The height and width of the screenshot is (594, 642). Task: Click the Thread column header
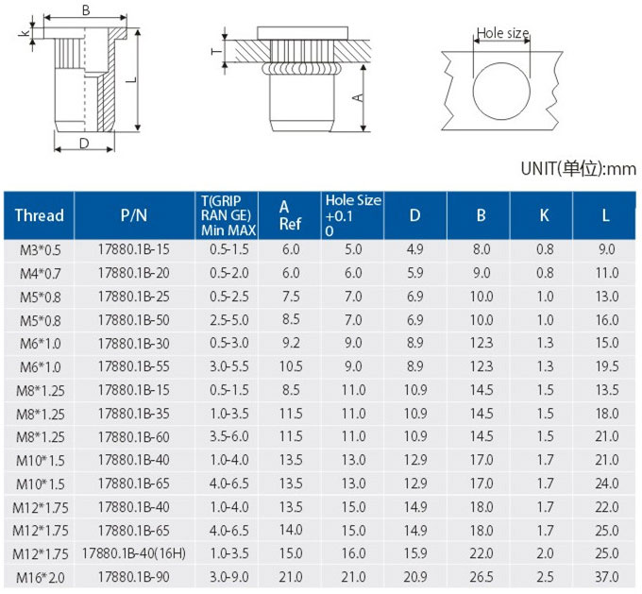[x=40, y=215]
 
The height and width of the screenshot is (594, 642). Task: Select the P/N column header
[x=134, y=215]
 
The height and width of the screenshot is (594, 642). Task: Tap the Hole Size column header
[x=353, y=215]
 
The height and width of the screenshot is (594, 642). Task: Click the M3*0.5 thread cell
[x=40, y=250]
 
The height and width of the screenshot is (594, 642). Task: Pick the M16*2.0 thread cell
[x=40, y=578]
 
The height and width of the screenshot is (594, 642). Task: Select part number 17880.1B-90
[x=134, y=577]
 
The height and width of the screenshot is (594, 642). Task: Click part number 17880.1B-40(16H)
[x=134, y=553]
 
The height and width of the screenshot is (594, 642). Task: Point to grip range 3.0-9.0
[x=229, y=577]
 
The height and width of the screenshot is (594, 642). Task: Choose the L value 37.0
[x=607, y=577]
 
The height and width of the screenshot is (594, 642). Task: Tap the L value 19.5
[x=607, y=366]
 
